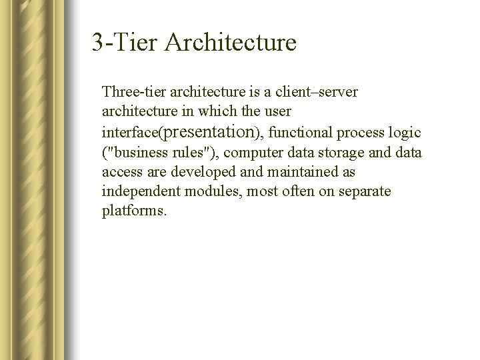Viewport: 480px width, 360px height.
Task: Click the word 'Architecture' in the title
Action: pyautogui.click(x=229, y=43)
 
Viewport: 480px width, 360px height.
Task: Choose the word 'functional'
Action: pyautogui.click(x=298, y=131)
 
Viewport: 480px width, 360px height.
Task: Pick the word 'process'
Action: pyautogui.click(x=359, y=131)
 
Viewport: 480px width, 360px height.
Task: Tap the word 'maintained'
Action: pyautogui.click(x=297, y=172)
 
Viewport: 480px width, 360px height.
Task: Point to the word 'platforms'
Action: pyautogui.click(x=133, y=212)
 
